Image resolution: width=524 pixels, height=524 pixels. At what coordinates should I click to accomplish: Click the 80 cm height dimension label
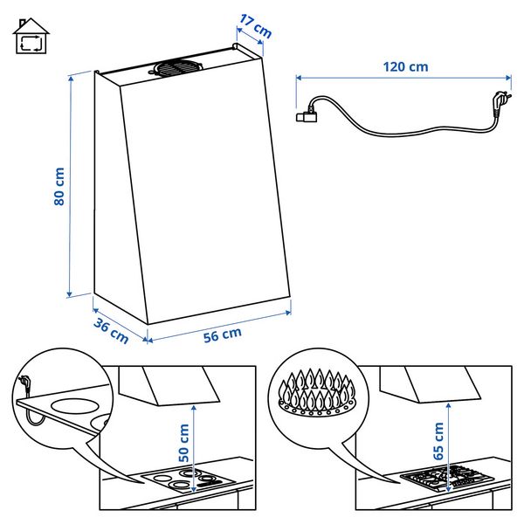tap(59, 186)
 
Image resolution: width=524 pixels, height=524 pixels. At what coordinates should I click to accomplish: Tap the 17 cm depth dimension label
tap(256, 26)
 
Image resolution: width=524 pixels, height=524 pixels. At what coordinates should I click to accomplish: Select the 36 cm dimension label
tap(111, 331)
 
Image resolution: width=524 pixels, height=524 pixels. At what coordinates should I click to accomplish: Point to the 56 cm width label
tap(223, 334)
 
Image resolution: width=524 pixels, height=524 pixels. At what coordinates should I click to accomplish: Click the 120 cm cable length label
tap(405, 67)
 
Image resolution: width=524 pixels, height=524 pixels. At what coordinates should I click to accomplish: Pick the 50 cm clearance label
tap(183, 443)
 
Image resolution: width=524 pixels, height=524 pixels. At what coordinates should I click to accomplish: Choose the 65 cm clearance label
tap(438, 441)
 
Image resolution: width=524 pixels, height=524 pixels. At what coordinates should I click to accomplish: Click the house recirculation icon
tap(31, 36)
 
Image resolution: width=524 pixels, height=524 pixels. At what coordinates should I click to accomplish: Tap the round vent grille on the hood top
tap(176, 68)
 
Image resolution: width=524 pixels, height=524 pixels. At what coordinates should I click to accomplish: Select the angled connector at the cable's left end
tap(307, 114)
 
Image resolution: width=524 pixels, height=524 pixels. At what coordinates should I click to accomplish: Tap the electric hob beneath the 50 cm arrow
tap(187, 479)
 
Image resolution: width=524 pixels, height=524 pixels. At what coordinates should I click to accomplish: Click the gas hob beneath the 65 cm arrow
tap(447, 477)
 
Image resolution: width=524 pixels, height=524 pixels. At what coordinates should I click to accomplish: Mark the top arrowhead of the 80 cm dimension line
tap(71, 79)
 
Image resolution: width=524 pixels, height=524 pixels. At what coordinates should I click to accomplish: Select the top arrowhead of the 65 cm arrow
tap(449, 406)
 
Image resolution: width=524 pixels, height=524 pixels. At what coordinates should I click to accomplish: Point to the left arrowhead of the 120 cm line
tap(299, 78)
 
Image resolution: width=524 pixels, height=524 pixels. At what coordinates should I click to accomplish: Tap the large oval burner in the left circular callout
tap(75, 406)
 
